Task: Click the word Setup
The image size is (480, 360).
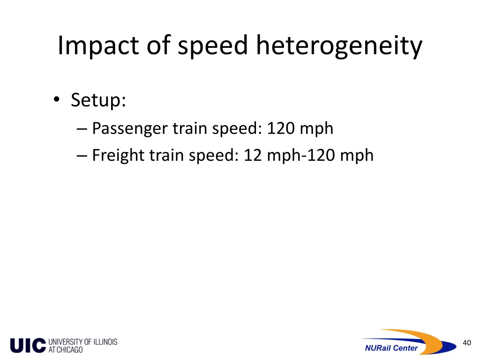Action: pyautogui.click(x=98, y=100)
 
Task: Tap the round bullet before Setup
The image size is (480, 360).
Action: pyautogui.click(x=57, y=100)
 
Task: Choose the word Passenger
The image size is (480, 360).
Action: pyautogui.click(x=130, y=128)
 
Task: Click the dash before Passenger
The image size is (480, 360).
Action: pyautogui.click(x=82, y=128)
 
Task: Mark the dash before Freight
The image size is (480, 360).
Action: pyautogui.click(x=82, y=155)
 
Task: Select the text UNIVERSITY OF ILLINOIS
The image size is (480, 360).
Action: pyautogui.click(x=83, y=342)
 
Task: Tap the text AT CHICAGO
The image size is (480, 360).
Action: pyautogui.click(x=66, y=350)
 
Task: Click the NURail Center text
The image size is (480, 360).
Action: pyautogui.click(x=391, y=348)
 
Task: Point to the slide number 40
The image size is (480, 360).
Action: pyautogui.click(x=466, y=343)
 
